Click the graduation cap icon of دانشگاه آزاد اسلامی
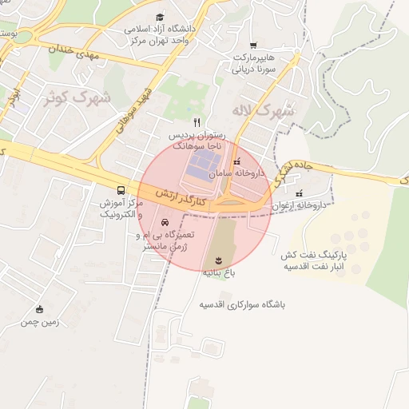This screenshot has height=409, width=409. (x=160, y=17)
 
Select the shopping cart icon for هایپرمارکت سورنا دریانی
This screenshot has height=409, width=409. (x=253, y=46)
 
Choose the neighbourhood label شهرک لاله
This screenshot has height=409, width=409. (x=263, y=110)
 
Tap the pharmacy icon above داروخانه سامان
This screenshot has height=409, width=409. (x=235, y=161)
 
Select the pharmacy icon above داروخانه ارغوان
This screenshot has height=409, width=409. (x=299, y=193)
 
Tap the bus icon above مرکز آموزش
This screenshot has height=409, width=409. (x=121, y=191)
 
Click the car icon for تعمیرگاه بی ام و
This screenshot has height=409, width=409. (x=165, y=222)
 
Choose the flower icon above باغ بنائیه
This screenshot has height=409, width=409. (x=219, y=260)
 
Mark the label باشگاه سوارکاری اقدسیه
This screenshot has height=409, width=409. (x=242, y=305)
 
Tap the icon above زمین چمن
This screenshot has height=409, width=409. (x=40, y=310)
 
